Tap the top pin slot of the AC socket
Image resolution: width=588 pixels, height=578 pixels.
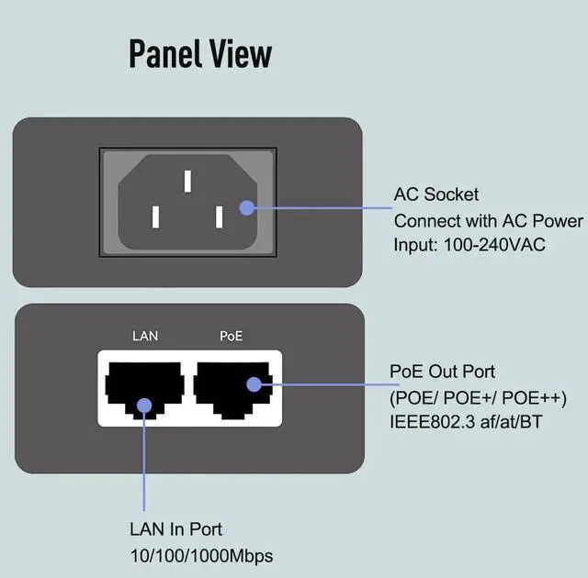point(187,180)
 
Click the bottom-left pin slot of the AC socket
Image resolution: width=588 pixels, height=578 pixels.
point(156,217)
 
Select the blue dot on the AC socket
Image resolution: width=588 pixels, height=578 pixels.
point(246,207)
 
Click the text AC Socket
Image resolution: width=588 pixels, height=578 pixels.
point(436,195)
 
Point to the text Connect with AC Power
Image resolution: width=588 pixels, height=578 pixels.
point(488,221)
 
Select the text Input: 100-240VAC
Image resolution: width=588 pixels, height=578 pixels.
point(469,246)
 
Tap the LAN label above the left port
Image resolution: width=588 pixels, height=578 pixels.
point(145,336)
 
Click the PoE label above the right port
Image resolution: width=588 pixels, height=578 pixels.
point(232,336)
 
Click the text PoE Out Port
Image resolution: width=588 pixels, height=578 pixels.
point(443,372)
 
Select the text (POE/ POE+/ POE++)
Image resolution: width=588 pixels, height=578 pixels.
point(478,397)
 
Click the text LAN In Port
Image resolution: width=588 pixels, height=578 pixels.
point(175,529)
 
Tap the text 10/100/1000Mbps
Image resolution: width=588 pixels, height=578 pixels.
point(201,555)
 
